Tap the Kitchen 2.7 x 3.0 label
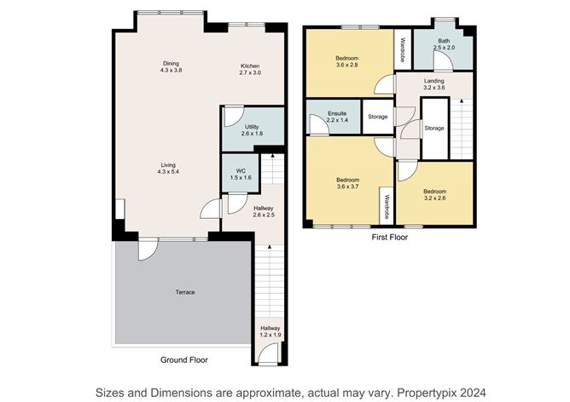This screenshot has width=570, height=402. click(249, 71)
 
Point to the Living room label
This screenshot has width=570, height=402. click(167, 169)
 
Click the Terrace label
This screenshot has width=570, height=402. click(185, 292)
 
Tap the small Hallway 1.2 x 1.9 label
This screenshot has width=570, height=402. click(270, 331)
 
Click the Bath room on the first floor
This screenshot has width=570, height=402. click(444, 43)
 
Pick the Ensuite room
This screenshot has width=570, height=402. click(336, 118)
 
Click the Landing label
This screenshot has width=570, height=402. click(434, 83)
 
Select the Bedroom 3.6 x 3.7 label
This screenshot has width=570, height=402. click(347, 183)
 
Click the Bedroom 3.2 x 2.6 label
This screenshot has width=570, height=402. click(434, 195)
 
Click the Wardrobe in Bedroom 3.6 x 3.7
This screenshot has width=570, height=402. click(387, 204)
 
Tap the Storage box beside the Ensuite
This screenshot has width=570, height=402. click(377, 117)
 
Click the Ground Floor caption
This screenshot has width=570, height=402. click(183, 359)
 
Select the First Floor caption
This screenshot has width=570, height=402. click(389, 238)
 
